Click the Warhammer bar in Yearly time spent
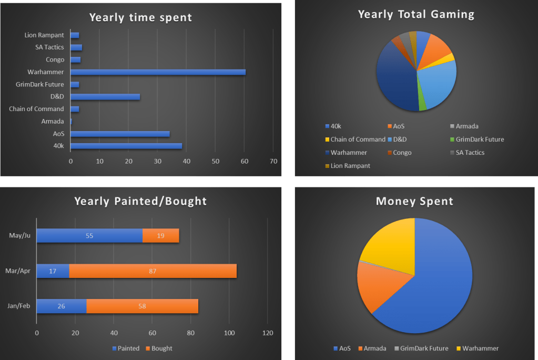158,72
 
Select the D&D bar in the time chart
105,97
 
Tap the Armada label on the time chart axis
52,122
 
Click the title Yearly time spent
140,17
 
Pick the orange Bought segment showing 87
153,271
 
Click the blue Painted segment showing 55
89,236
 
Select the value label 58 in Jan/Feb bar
142,306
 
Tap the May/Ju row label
21,236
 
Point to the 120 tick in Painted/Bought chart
268,333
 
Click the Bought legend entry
158,348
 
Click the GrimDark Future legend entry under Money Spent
421,348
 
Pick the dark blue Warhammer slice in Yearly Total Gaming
394,79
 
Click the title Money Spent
414,201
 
